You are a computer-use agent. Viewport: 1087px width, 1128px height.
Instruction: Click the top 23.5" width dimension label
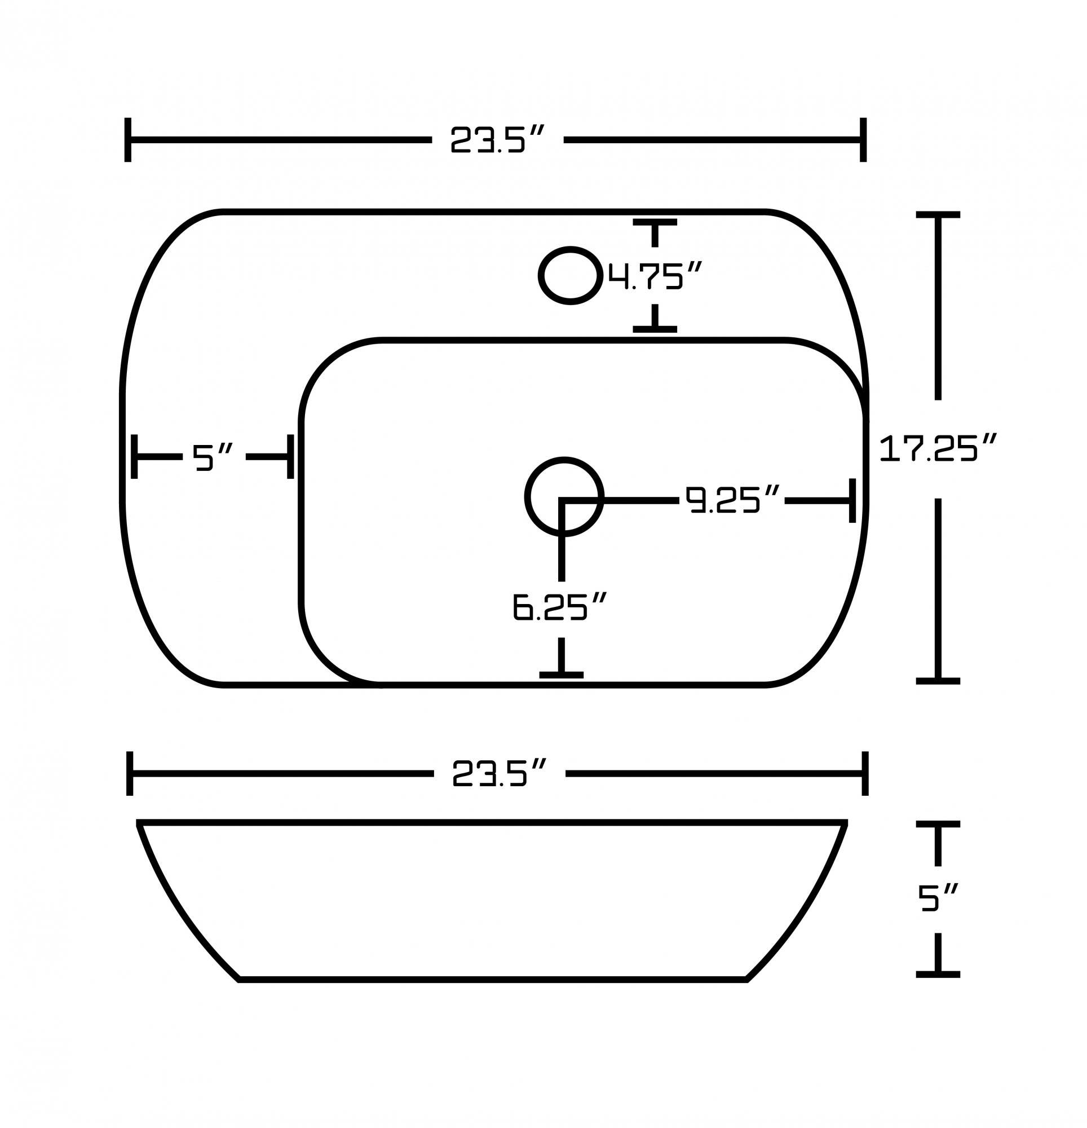pos(497,140)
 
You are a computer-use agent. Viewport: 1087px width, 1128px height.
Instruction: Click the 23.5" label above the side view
pos(498,773)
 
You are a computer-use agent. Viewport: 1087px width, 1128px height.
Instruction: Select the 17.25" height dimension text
pos(938,448)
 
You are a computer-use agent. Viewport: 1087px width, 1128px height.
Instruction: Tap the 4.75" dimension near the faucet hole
pos(655,276)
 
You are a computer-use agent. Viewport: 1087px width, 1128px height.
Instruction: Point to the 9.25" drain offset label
pos(731,500)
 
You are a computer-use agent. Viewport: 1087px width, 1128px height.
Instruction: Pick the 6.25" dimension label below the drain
pos(560,607)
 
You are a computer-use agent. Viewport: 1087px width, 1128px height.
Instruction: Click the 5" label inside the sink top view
pos(212,457)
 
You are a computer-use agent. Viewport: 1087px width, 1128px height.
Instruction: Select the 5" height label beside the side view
pos(937,898)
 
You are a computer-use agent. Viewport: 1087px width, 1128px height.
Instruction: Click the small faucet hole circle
pos(570,276)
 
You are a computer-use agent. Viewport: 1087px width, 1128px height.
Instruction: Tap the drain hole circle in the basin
pos(564,497)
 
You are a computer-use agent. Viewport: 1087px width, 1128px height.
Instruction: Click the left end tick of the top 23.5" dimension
pos(128,140)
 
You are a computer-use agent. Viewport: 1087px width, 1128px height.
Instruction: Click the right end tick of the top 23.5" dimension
pos(863,140)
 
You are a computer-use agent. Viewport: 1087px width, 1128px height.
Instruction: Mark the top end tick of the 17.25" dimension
pos(938,215)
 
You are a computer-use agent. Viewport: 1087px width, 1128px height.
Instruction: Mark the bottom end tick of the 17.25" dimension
pos(938,681)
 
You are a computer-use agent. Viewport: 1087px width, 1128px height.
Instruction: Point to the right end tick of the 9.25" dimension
pos(852,501)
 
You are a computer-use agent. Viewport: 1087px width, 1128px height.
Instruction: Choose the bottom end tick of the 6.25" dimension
pos(561,675)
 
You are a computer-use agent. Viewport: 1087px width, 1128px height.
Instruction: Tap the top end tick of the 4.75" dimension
pos(655,222)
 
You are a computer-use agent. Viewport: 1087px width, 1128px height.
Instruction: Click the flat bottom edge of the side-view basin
pos(493,979)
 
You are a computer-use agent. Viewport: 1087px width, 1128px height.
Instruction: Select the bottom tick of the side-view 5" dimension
pos(938,975)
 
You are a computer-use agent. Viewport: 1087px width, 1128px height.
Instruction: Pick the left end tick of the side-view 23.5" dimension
pos(130,773)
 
